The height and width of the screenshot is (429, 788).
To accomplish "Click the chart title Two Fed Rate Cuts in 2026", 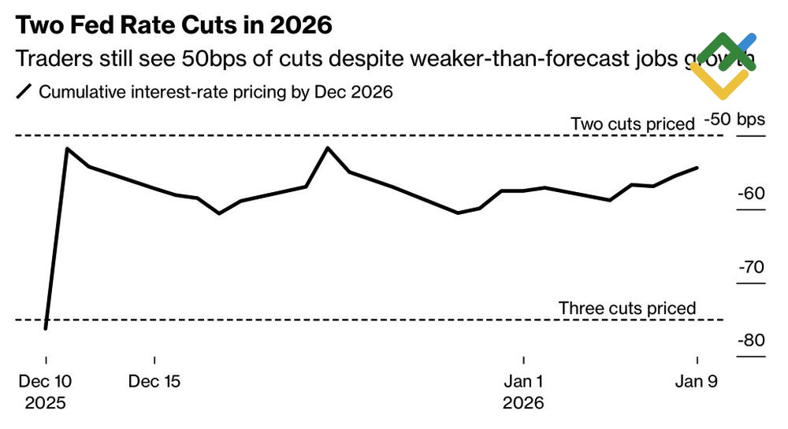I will (x=173, y=25).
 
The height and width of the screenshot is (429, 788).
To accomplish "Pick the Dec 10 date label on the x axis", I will (x=46, y=382).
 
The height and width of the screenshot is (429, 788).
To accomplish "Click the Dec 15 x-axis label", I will (x=154, y=382).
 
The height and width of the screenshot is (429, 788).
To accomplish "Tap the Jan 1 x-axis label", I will (x=523, y=382).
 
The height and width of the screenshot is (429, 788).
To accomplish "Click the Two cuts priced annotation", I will (x=632, y=124).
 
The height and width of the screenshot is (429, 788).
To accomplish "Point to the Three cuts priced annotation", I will (x=627, y=308).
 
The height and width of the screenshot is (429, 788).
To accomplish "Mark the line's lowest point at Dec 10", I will (x=46, y=328).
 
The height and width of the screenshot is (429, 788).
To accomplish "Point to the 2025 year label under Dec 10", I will (x=46, y=403).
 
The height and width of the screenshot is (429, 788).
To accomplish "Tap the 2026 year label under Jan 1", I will (x=523, y=403).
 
